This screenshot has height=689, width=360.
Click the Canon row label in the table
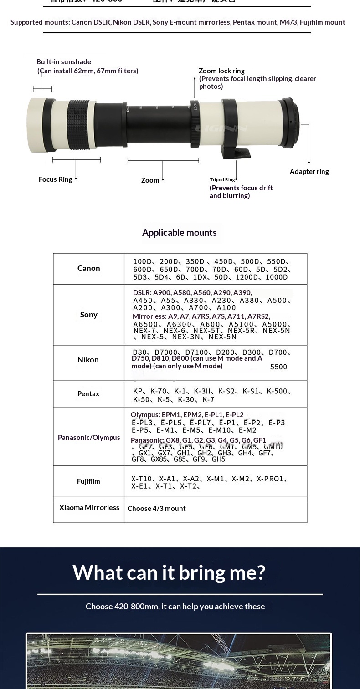click(x=88, y=268)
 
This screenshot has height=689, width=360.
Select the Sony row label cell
click(x=88, y=315)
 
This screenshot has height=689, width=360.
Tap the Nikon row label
click(x=88, y=360)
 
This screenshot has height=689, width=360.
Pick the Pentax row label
click(x=88, y=393)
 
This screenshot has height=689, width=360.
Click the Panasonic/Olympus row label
click(x=89, y=437)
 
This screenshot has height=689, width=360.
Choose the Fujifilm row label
click(x=88, y=481)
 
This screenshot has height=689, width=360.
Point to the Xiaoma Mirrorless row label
click(x=89, y=507)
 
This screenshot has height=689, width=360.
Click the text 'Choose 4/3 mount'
click(x=156, y=508)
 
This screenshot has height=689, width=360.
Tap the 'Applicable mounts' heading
click(x=179, y=233)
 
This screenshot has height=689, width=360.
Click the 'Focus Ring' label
click(x=55, y=179)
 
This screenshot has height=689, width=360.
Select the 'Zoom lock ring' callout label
click(x=221, y=71)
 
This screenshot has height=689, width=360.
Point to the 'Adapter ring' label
click(x=309, y=172)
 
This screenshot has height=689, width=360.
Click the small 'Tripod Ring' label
click(x=222, y=180)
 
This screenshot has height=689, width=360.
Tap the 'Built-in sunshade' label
click(x=64, y=62)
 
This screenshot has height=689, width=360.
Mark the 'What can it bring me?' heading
click(x=169, y=572)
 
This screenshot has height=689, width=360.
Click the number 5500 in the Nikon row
click(x=278, y=367)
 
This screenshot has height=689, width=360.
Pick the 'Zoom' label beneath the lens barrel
click(x=150, y=180)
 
